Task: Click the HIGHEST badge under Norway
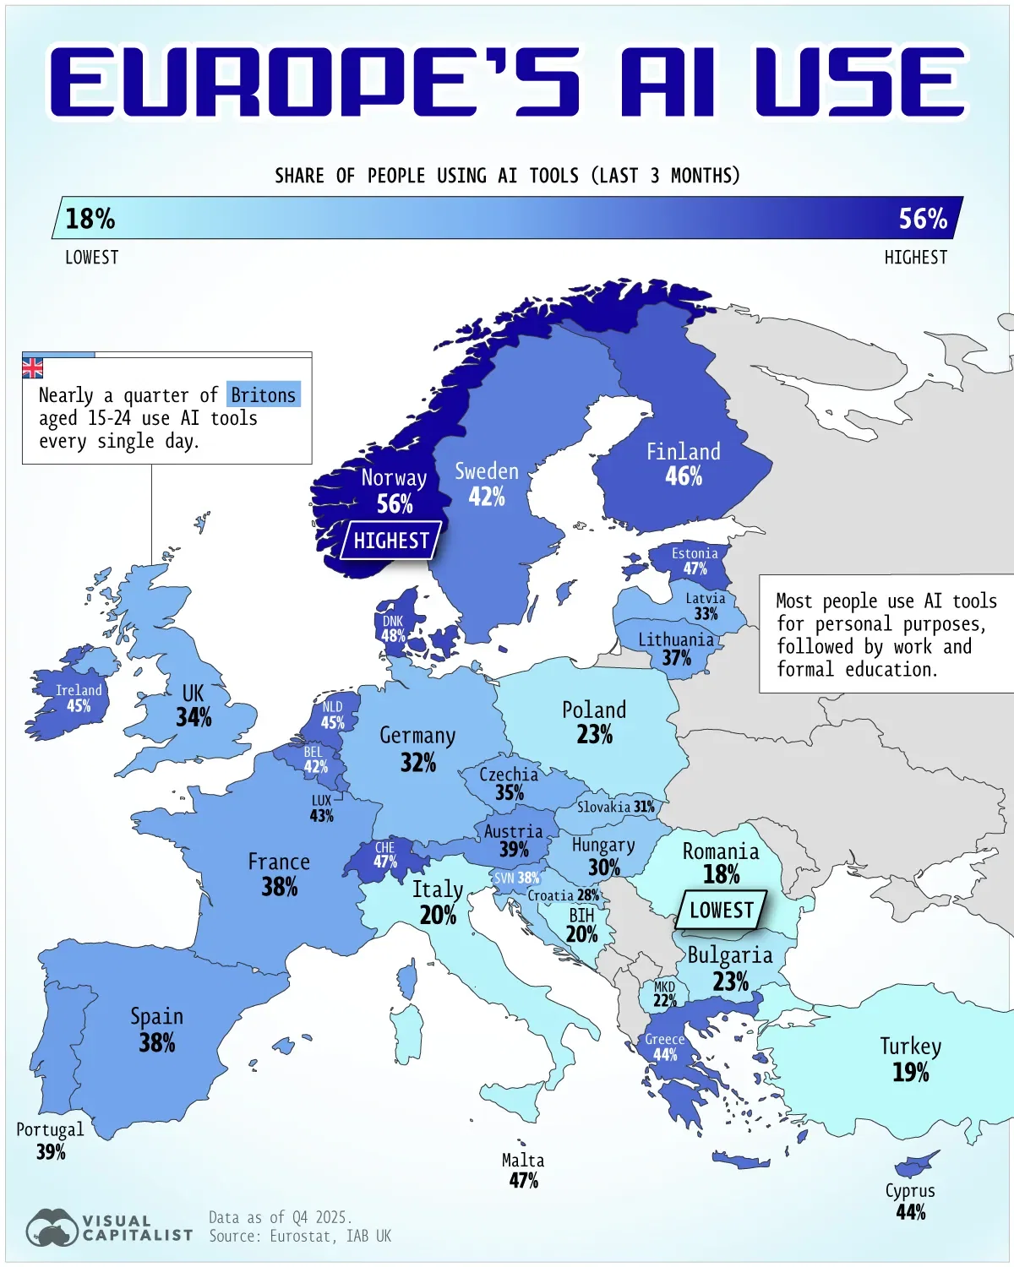390,541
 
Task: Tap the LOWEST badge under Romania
721,911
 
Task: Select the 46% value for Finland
684,476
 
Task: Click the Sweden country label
487,471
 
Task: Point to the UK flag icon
32,368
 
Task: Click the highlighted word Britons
263,395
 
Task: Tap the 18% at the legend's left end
90,219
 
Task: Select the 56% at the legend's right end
922,219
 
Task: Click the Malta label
523,1161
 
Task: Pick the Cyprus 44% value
911,1212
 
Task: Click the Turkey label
910,1047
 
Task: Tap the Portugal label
50,1130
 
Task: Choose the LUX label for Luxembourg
321,801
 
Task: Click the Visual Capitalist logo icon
52,1228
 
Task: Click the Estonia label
695,553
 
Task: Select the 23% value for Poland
594,735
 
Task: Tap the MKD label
664,987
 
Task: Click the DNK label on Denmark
393,622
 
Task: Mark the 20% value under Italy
438,915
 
